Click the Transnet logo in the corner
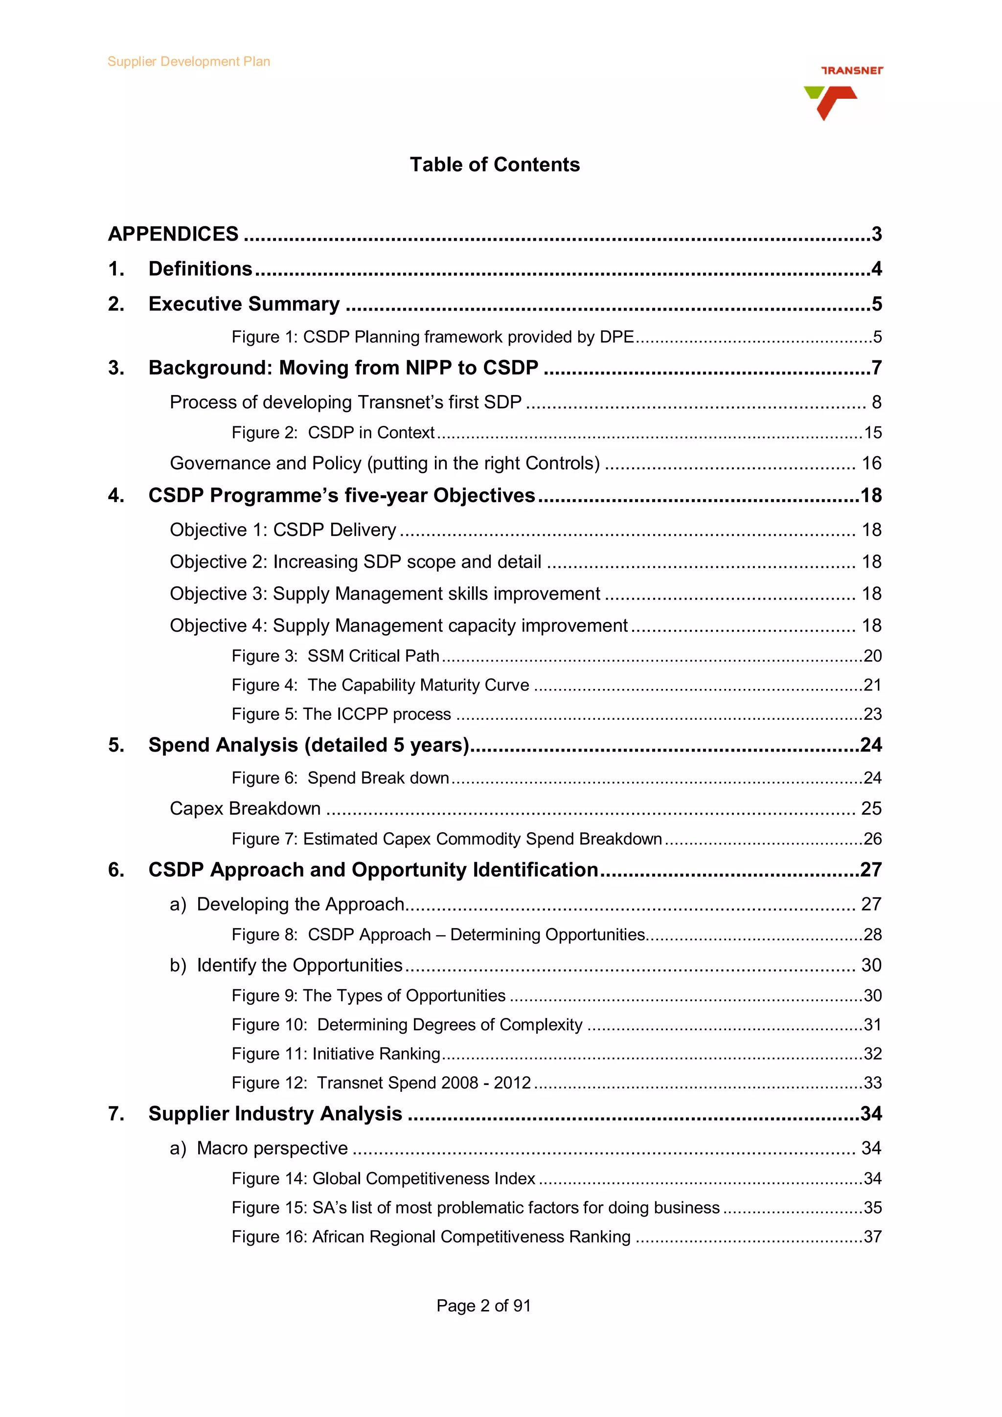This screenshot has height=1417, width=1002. (842, 92)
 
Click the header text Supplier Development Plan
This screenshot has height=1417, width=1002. (188, 62)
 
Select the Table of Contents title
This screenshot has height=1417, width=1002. (495, 165)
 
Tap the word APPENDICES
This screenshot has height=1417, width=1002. (173, 234)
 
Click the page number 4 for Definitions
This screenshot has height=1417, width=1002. (876, 268)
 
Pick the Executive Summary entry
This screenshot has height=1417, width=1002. (244, 304)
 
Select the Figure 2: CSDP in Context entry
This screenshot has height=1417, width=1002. (333, 433)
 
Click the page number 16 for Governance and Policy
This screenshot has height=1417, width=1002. (871, 463)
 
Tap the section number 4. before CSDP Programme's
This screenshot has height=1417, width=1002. (116, 496)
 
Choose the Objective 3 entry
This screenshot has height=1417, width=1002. (385, 594)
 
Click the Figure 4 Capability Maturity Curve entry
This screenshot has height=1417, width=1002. (380, 685)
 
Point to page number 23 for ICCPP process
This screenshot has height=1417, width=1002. (872, 714)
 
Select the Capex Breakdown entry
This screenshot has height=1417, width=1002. (245, 808)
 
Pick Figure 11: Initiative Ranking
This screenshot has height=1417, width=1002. (336, 1054)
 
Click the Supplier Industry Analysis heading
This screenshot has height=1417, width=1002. (275, 1113)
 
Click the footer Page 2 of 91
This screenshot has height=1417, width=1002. (483, 1306)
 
